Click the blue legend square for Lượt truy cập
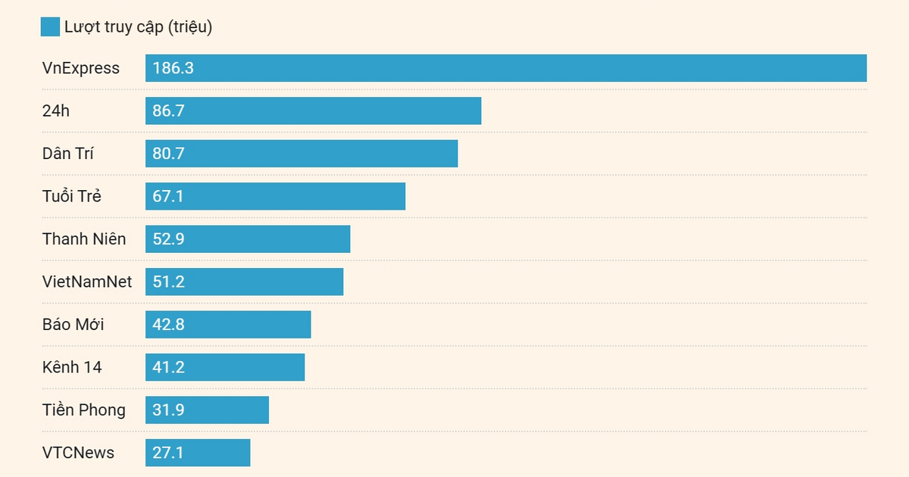50,27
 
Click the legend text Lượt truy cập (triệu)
138,27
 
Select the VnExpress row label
81,68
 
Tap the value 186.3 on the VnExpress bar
173,68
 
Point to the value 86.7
169,111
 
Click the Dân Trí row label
68,154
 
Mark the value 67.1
168,197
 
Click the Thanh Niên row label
84,239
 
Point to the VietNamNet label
87,282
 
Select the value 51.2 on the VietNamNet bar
169,282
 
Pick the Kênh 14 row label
72,367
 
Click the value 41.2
169,368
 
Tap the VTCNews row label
78,453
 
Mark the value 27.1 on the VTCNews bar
168,454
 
